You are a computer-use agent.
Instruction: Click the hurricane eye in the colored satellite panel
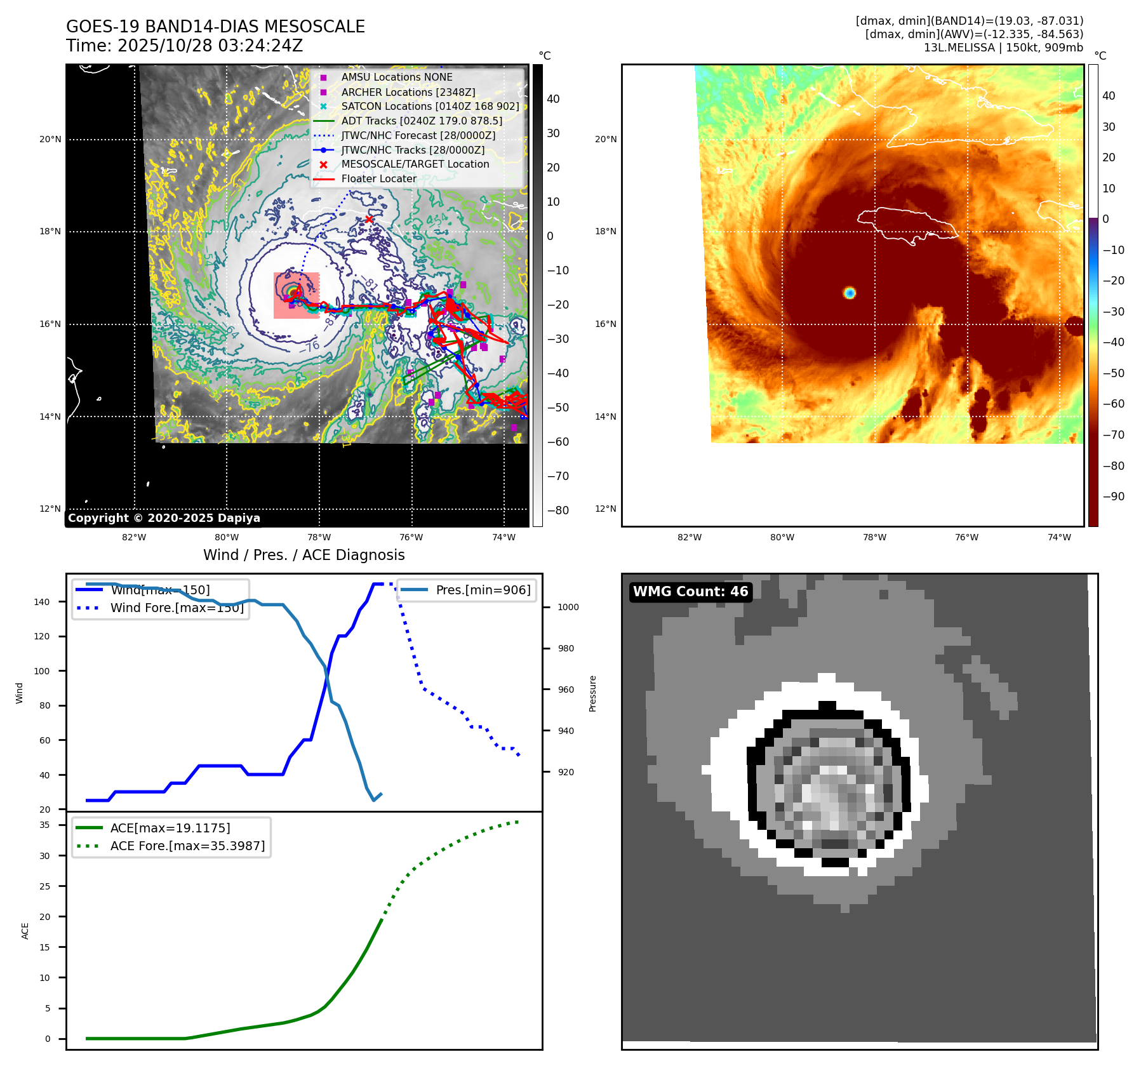pos(850,293)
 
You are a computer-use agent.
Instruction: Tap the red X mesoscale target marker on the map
pos(369,219)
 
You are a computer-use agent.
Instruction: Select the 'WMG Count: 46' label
pos(690,592)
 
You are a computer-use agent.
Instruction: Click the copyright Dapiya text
pos(164,518)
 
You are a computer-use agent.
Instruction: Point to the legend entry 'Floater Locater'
pos(378,179)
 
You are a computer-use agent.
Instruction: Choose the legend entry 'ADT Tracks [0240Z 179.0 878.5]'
pos(422,121)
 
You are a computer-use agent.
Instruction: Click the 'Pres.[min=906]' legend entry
pos(483,590)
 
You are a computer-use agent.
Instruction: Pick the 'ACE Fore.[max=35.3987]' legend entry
pos(187,846)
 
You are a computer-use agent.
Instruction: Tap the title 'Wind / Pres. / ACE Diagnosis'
pos(304,555)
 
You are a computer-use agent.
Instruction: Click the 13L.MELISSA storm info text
pos(1003,48)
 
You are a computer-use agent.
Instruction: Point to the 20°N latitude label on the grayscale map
pos(51,140)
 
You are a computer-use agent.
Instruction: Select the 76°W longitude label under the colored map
pos(966,537)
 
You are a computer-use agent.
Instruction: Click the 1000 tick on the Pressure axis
pos(568,608)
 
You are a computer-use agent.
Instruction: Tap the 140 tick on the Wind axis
pos(42,602)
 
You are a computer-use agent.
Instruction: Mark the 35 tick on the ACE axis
pos(44,825)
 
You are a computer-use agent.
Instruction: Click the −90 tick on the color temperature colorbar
pos(1113,497)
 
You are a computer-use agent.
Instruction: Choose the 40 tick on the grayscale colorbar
pos(553,99)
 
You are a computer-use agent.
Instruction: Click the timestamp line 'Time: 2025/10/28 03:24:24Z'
pos(184,46)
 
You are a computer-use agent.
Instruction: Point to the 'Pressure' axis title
pos(592,693)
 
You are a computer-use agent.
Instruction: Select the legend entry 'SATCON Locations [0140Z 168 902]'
pos(430,106)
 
